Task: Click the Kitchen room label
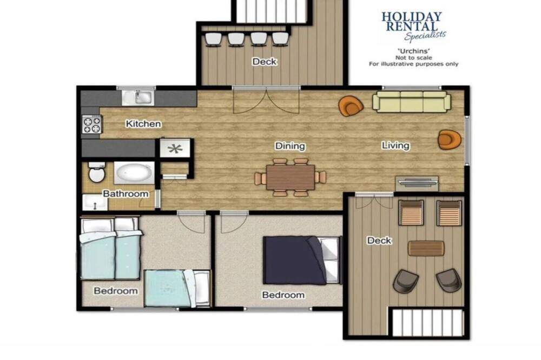[x=143, y=123]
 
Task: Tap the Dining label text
[x=290, y=146]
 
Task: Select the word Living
[x=396, y=145]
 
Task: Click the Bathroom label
[x=126, y=194]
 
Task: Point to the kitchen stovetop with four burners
[x=92, y=124]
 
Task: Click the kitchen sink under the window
[x=138, y=97]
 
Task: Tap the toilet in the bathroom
[x=97, y=172]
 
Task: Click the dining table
[x=291, y=177]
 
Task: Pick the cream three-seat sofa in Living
[x=412, y=102]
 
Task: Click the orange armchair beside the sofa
[x=351, y=105]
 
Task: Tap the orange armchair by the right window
[x=450, y=139]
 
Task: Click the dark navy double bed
[x=302, y=260]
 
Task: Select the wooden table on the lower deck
[x=426, y=248]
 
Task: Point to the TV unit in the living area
[x=417, y=183]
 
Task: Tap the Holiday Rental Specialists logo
[x=413, y=26]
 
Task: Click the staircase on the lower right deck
[x=427, y=322]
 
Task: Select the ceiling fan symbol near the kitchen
[x=175, y=149]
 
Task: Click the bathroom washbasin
[x=95, y=202]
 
